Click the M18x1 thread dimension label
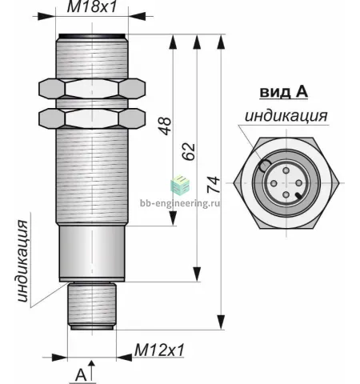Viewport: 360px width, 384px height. pyautogui.click(x=92, y=6)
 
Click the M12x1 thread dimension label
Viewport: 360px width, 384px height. pyautogui.click(x=159, y=350)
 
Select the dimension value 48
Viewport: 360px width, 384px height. pyautogui.click(x=165, y=126)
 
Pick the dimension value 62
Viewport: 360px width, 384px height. pyautogui.click(x=189, y=152)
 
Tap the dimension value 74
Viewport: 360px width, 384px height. pyautogui.click(x=214, y=185)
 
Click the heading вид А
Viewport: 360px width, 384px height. pyautogui.click(x=283, y=92)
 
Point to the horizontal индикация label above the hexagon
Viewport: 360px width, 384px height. pyautogui.click(x=286, y=116)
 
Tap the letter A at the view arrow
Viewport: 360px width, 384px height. pyautogui.click(x=81, y=375)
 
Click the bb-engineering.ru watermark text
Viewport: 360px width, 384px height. pyautogui.click(x=180, y=203)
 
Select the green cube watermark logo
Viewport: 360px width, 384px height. pyautogui.click(x=180, y=184)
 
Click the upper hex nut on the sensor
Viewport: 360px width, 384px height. pyautogui.click(x=92, y=89)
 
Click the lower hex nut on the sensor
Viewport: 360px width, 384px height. pyautogui.click(x=92, y=118)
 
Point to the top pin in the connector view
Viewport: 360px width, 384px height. pyautogui.click(x=286, y=170)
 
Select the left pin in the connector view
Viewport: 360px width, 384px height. pyautogui.click(x=274, y=183)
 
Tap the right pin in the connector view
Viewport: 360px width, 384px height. pyautogui.click(x=299, y=183)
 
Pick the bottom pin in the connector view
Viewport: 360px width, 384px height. pyautogui.click(x=286, y=195)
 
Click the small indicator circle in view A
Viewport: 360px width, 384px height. pyautogui.click(x=265, y=166)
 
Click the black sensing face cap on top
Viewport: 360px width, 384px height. pyautogui.click(x=92, y=36)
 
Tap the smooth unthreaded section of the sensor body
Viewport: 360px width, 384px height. pyautogui.click(x=92, y=252)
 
